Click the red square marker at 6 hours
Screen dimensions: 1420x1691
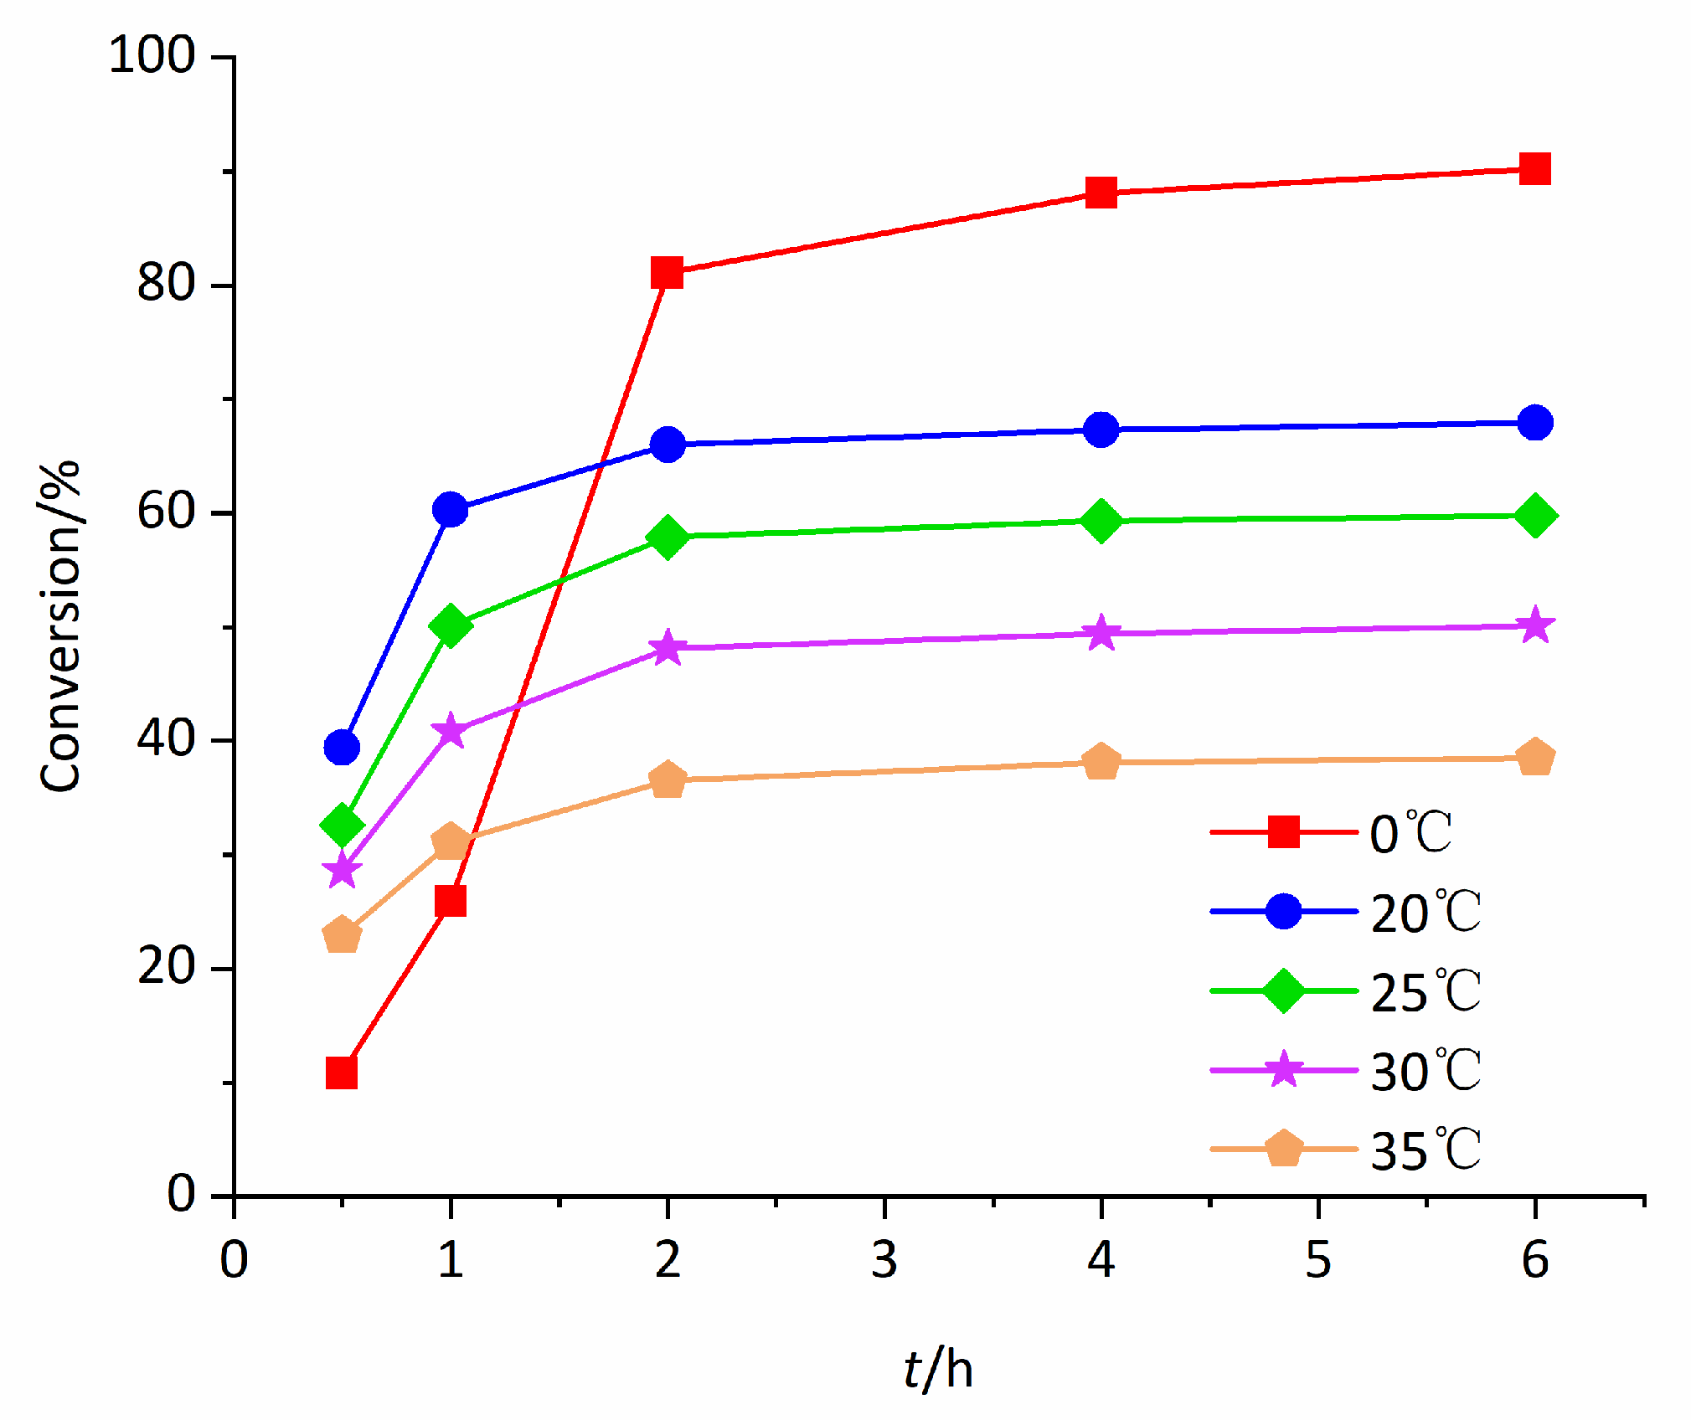click(1534, 169)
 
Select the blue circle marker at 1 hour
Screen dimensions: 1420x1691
click(451, 509)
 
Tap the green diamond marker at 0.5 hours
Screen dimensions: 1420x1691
click(342, 825)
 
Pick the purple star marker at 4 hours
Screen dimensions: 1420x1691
click(1101, 633)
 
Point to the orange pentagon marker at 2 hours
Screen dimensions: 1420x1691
click(668, 779)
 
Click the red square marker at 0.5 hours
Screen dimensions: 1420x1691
click(342, 1073)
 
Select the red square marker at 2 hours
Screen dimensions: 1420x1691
click(668, 272)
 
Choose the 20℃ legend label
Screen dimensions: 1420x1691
click(1425, 912)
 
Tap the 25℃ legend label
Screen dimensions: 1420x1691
click(1425, 991)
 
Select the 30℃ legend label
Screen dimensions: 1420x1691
click(1425, 1071)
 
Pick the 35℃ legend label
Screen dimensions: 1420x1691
click(1425, 1150)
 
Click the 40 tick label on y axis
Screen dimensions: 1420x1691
click(166, 739)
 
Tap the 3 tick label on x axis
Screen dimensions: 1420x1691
click(884, 1259)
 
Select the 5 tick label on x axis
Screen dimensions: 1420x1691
click(1318, 1259)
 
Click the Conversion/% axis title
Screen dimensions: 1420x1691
click(60, 625)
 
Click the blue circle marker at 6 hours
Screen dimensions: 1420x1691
click(1534, 423)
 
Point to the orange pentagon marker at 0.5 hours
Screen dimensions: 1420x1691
click(342, 934)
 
